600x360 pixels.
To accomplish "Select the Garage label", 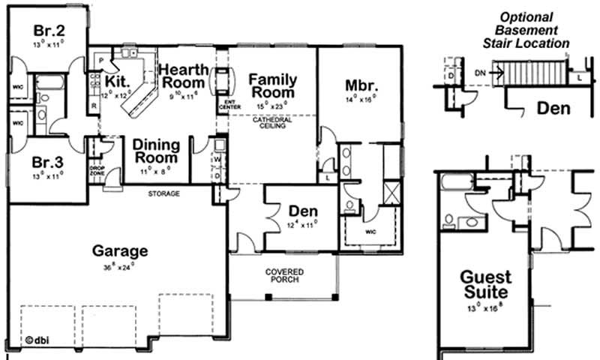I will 120,250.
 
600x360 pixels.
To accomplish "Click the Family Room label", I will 272,85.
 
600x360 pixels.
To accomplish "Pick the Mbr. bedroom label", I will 359,85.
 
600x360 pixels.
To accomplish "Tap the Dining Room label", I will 156,151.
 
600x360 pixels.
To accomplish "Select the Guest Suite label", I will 484,284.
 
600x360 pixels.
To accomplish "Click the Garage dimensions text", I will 120,266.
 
